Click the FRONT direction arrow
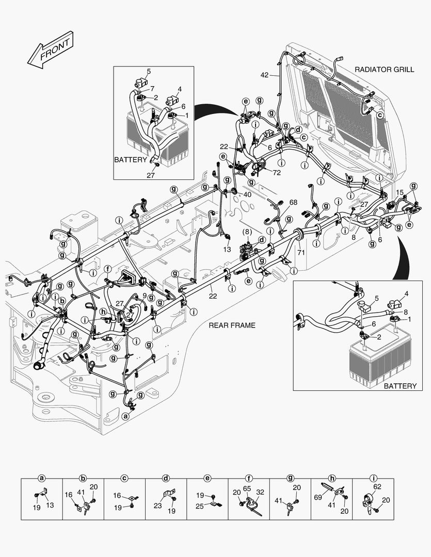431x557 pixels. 50,50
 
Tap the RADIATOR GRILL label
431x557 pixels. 384,69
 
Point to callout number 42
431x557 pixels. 264,75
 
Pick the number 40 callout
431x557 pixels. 247,194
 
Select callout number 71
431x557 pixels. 301,252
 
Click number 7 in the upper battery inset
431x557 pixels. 152,89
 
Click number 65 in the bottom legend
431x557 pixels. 247,487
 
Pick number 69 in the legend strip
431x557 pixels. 318,496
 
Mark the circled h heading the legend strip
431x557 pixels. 331,478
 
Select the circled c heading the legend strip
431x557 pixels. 124,478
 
